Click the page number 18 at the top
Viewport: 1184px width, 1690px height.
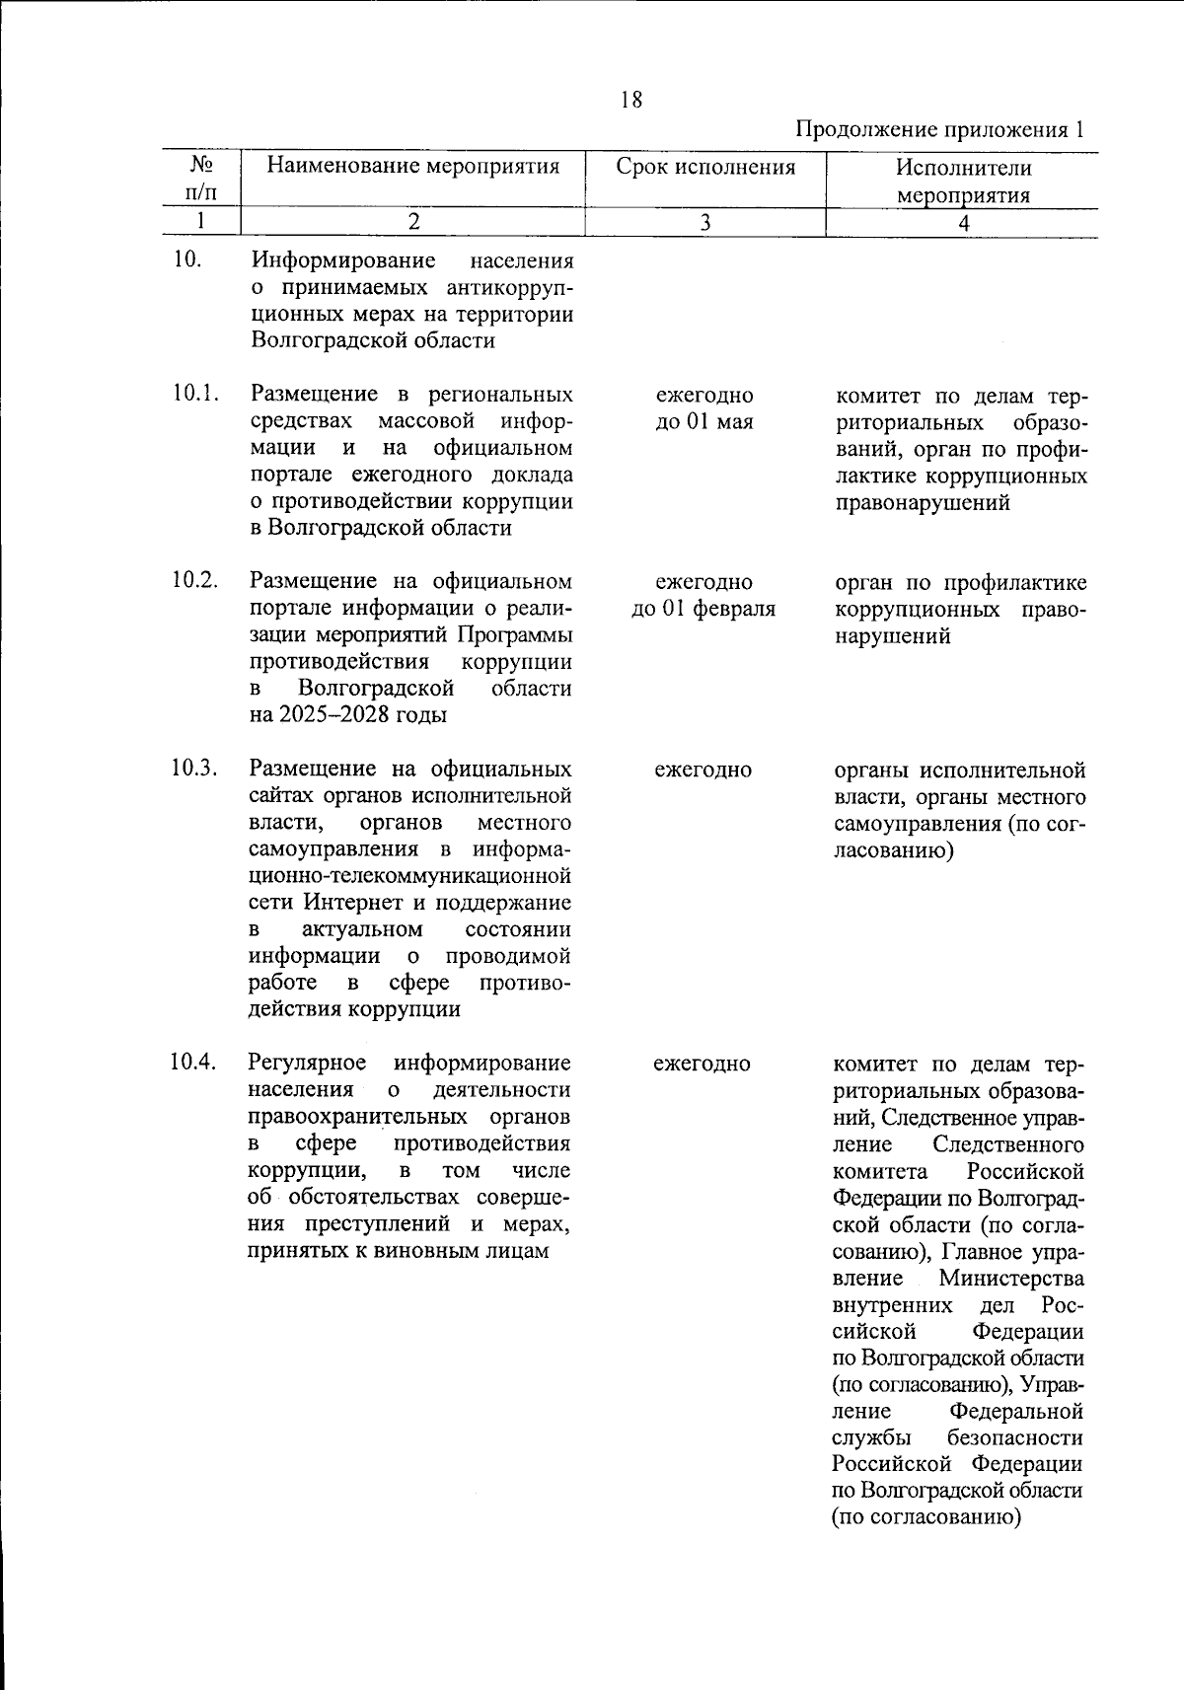click(x=631, y=100)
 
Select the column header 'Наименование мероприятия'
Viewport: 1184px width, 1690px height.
click(x=413, y=166)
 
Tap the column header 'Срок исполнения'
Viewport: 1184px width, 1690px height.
click(x=705, y=166)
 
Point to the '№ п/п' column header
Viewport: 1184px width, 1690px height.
click(x=202, y=178)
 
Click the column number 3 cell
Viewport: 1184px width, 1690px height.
click(x=705, y=223)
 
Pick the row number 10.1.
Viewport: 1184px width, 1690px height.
click(x=193, y=394)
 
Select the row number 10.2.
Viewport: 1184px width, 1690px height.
click(x=193, y=579)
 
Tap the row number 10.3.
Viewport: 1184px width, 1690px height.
click(x=193, y=768)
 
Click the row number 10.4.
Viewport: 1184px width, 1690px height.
click(x=193, y=1063)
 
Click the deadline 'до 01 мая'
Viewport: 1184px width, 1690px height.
click(x=704, y=422)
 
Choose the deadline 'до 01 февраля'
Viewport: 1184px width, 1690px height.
click(x=703, y=609)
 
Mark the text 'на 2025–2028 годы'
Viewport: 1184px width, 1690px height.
click(x=347, y=714)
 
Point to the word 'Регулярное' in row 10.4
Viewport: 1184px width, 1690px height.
click(x=307, y=1063)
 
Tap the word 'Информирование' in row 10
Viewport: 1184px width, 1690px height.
click(x=343, y=261)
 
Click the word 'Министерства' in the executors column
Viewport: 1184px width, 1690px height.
click(x=1011, y=1279)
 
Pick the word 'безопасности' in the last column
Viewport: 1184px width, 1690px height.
click(x=1014, y=1437)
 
